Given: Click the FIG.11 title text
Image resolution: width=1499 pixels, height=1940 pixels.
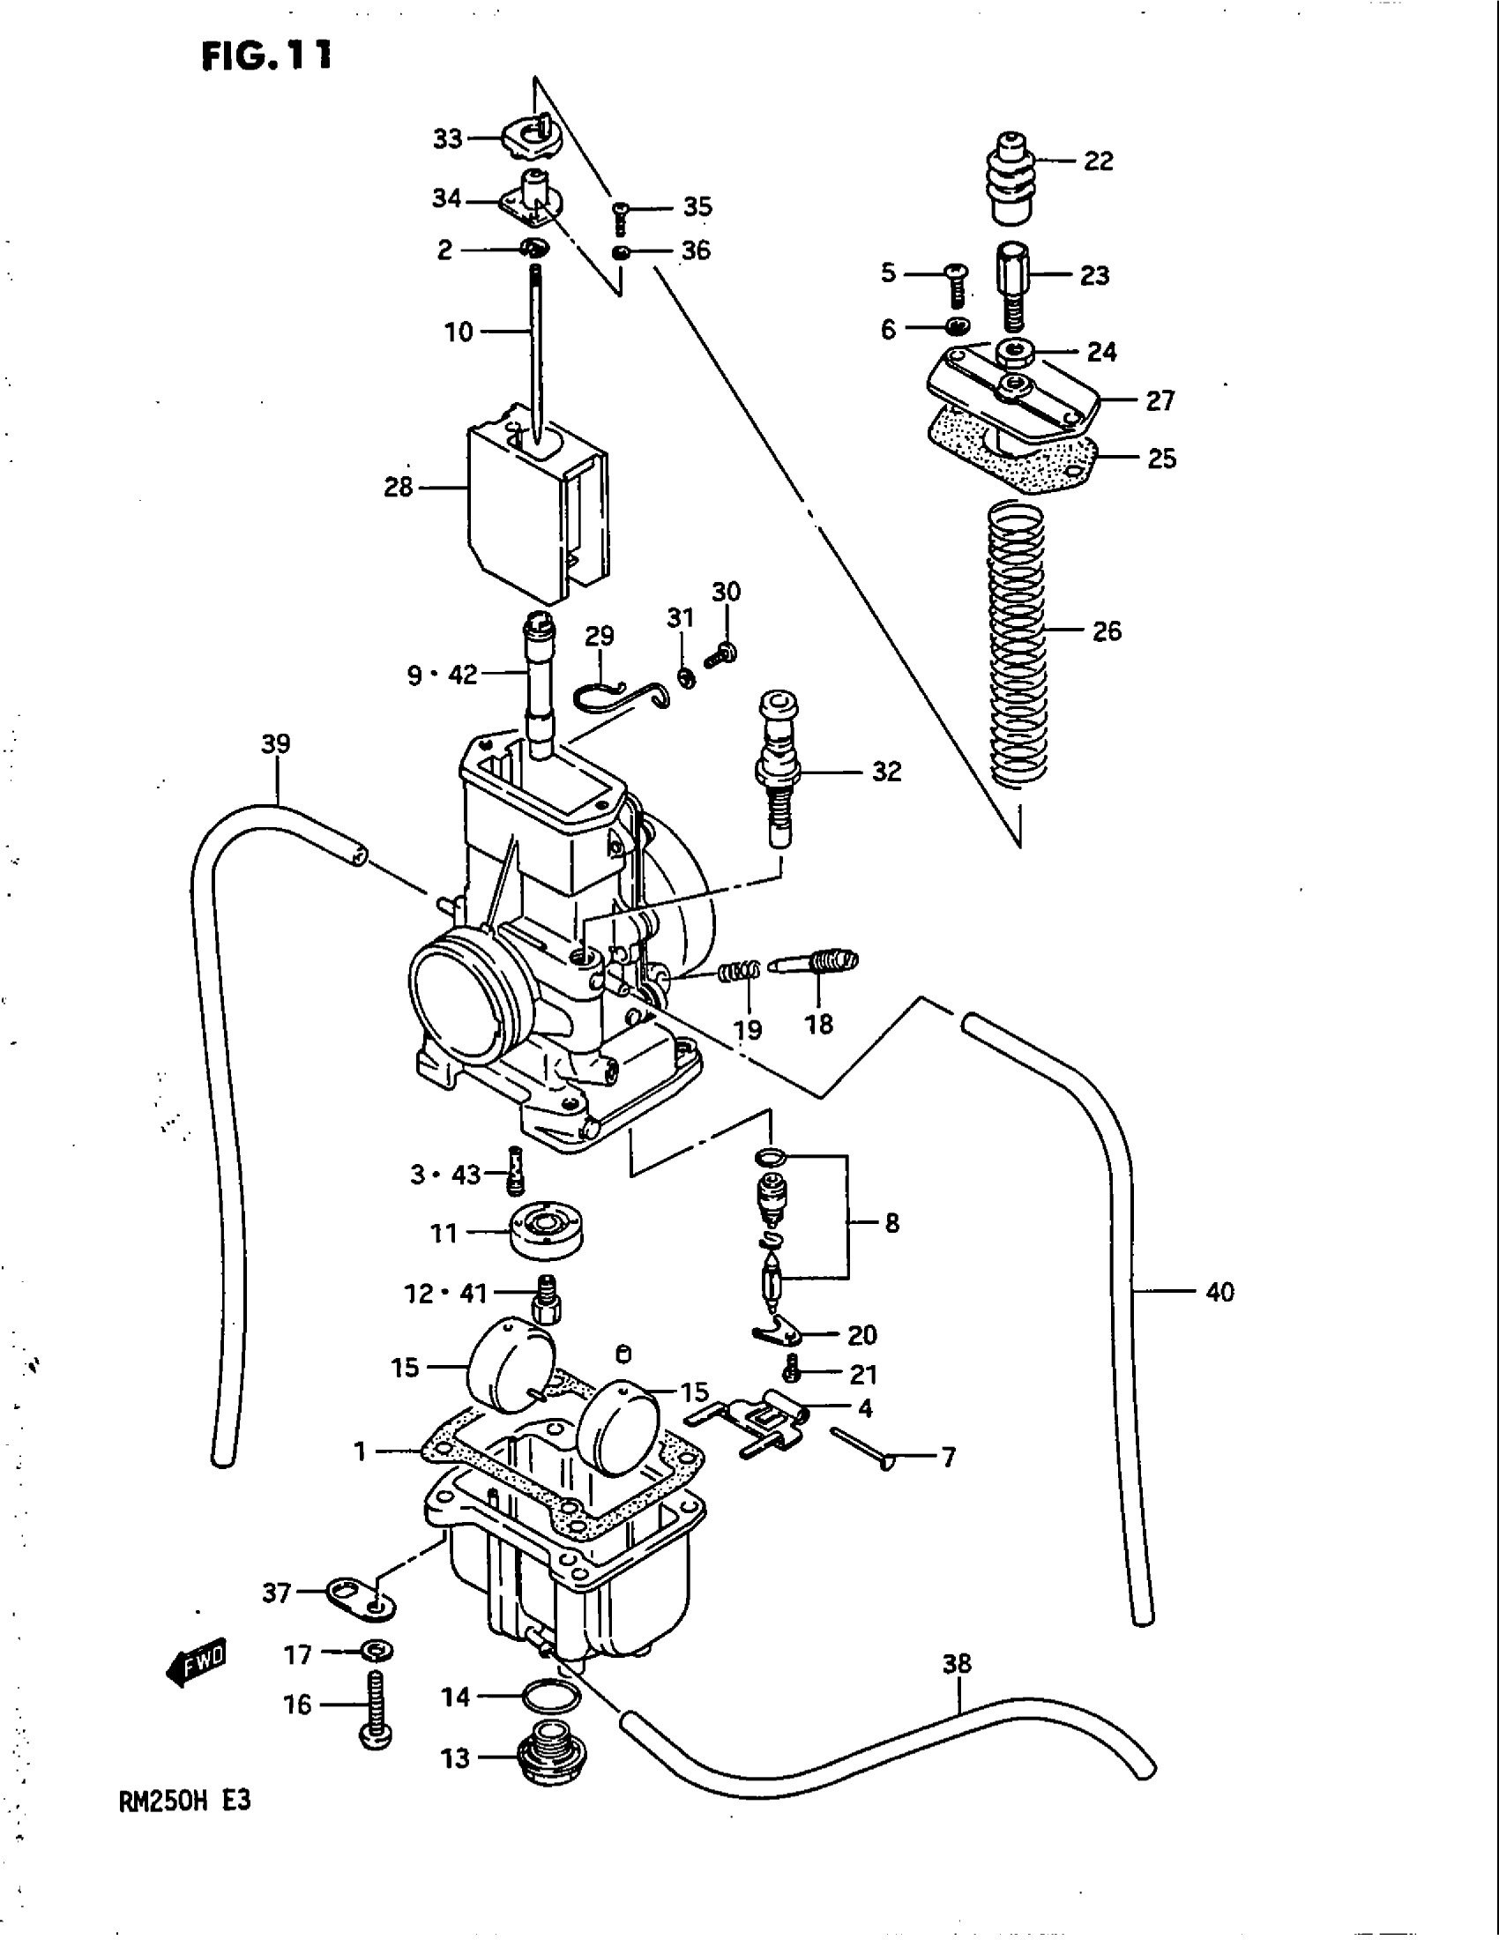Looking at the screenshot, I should (266, 56).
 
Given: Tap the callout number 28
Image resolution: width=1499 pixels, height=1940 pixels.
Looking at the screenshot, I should (399, 487).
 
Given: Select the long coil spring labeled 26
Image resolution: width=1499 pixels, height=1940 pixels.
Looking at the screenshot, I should (1018, 644).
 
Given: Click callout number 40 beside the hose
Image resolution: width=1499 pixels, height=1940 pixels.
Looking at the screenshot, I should (1219, 1292).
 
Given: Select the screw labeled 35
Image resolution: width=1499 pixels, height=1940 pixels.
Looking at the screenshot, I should (621, 214).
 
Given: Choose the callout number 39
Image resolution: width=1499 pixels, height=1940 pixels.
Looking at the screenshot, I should (276, 743).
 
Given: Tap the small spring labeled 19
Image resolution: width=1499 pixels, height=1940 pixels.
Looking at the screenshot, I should (740, 973).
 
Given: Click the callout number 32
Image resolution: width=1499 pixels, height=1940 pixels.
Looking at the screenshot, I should (886, 771).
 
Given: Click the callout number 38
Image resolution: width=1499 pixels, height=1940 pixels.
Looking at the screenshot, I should (957, 1663).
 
